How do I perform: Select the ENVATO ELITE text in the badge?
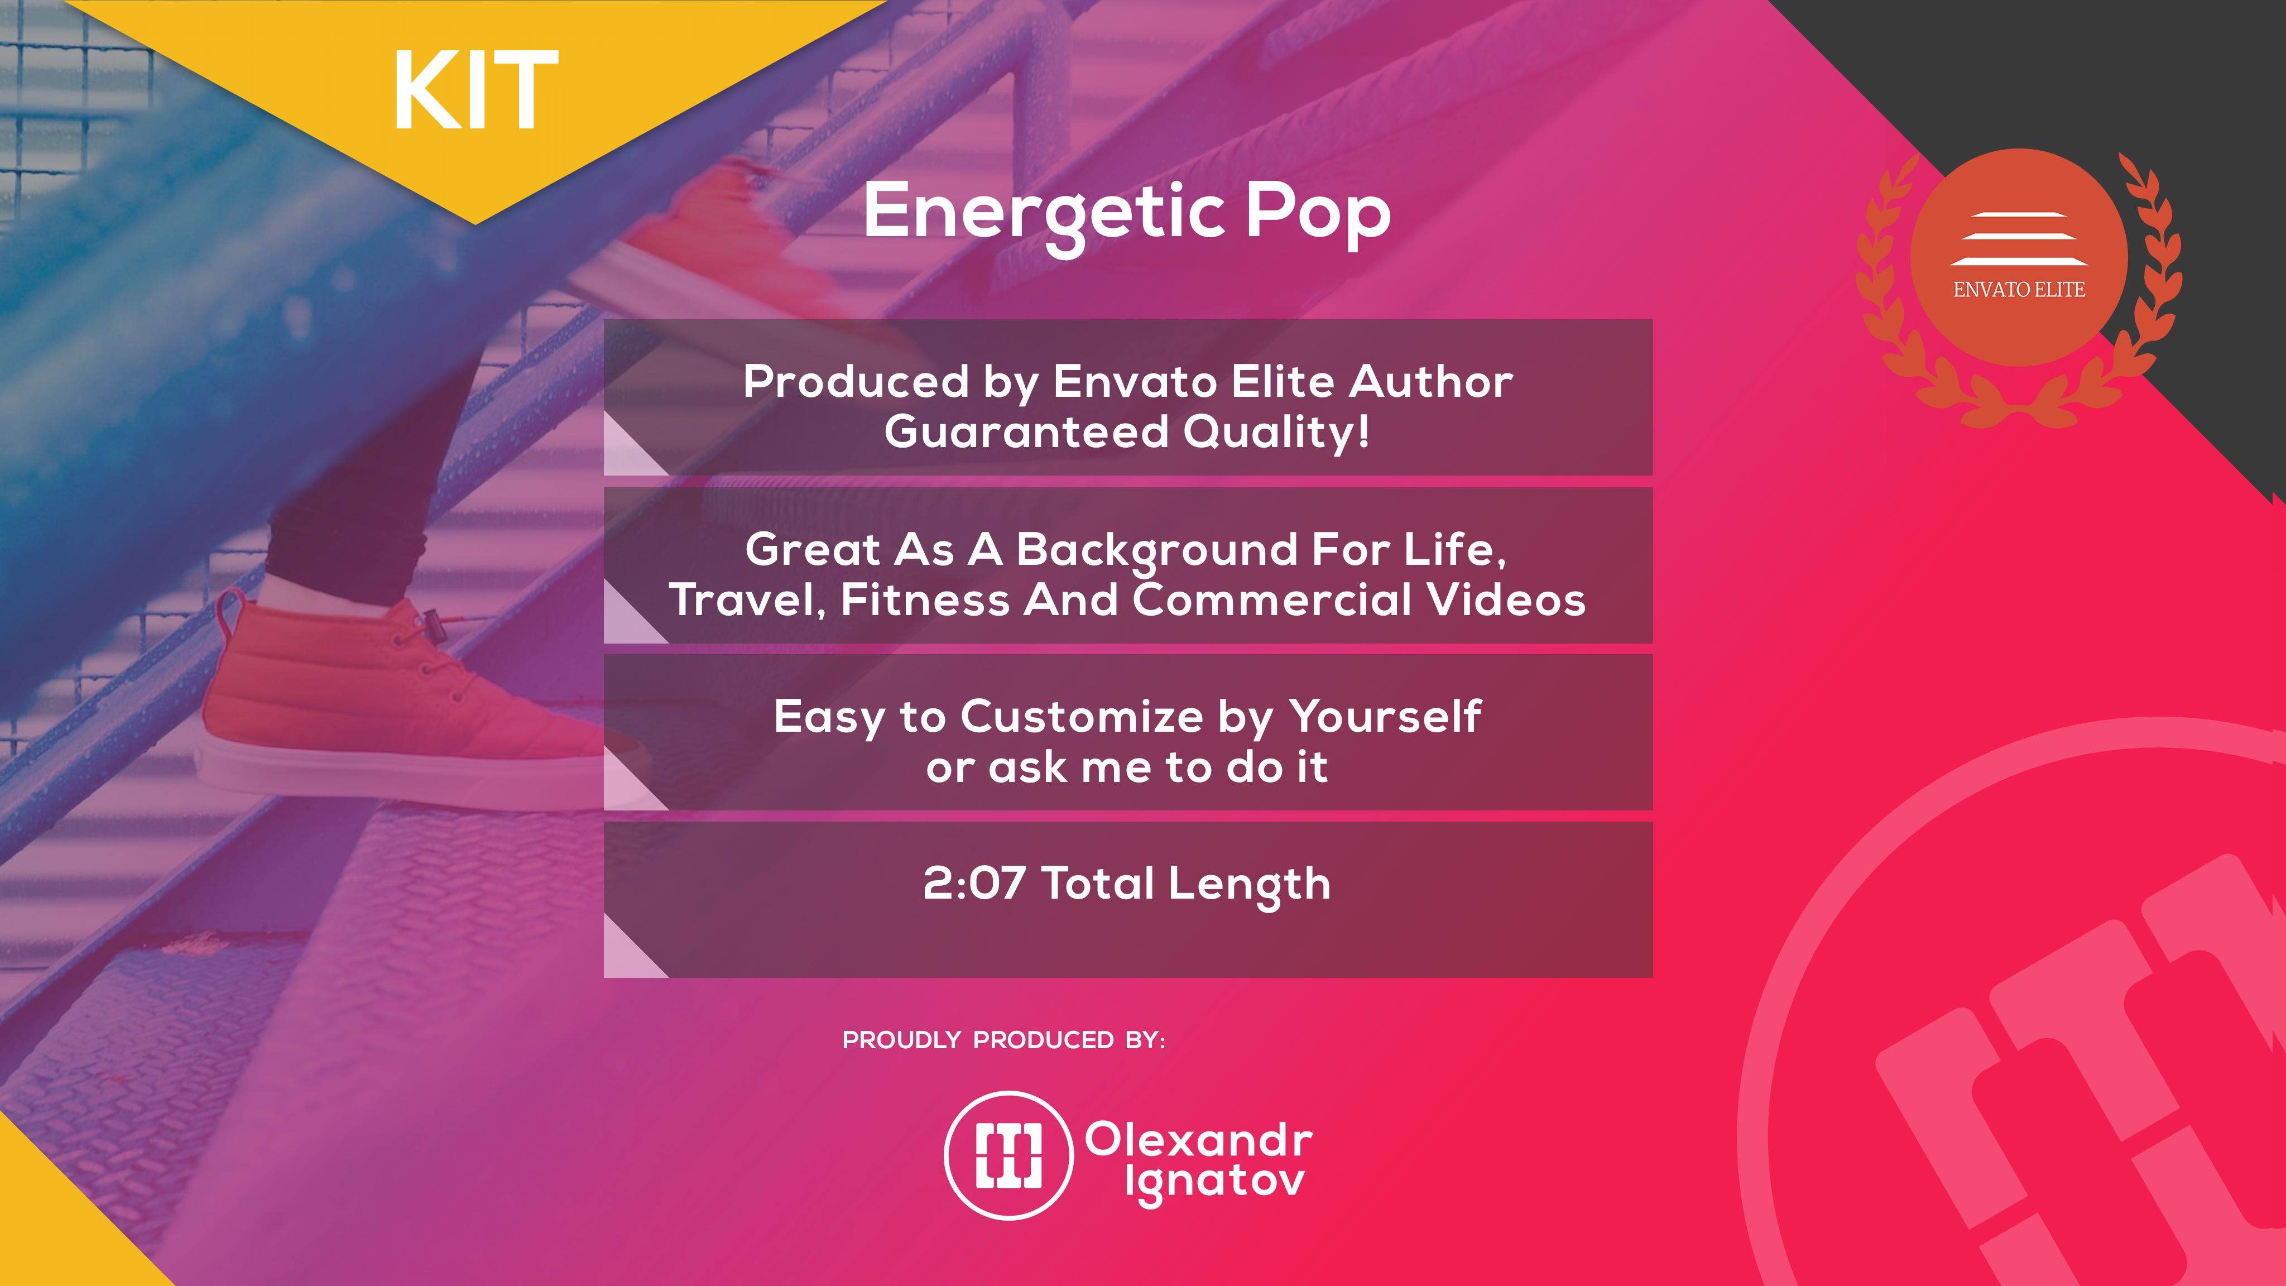click(x=2019, y=289)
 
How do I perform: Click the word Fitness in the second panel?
click(x=924, y=600)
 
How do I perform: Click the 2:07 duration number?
click(x=973, y=884)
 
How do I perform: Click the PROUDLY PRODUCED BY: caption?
click(x=1003, y=1040)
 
